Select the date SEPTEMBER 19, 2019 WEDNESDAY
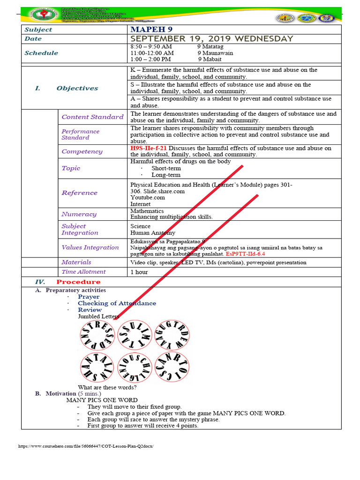tap(212, 39)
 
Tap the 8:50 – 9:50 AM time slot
tap(151, 47)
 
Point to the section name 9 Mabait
tap(210, 60)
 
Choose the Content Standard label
tap(92, 117)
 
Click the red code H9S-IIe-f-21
tap(148, 148)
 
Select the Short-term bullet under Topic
tap(165, 168)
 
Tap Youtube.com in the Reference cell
tap(147, 197)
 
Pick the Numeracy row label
tap(79, 214)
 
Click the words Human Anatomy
tap(153, 232)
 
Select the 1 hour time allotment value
tap(139, 272)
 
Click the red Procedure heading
tap(78, 282)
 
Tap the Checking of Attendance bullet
tap(117, 303)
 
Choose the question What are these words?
tap(107, 387)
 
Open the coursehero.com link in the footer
tap(85, 446)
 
